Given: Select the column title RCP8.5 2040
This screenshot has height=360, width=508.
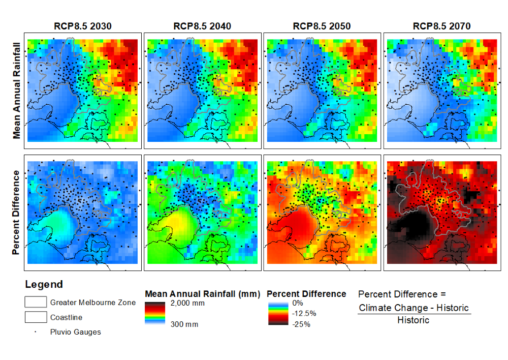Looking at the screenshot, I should click(x=202, y=26).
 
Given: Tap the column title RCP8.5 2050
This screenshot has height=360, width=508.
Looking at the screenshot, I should click(x=322, y=26).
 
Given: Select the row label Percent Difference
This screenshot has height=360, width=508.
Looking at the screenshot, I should click(x=17, y=213).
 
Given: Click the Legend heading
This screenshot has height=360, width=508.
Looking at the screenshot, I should click(x=44, y=285).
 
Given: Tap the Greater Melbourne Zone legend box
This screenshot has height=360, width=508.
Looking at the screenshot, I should click(x=36, y=302).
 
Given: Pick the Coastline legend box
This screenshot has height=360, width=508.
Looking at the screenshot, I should click(x=36, y=317).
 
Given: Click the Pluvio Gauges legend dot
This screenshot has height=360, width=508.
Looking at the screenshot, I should click(x=35, y=332).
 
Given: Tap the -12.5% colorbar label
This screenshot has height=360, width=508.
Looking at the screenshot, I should click(x=301, y=313).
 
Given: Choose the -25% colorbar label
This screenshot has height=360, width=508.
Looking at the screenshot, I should click(x=298, y=324).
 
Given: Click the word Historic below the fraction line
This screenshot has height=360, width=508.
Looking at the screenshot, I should click(x=413, y=320).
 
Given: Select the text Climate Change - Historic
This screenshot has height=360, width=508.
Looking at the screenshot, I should click(x=414, y=308).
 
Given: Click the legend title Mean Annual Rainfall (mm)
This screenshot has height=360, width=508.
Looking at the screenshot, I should click(x=202, y=294).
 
